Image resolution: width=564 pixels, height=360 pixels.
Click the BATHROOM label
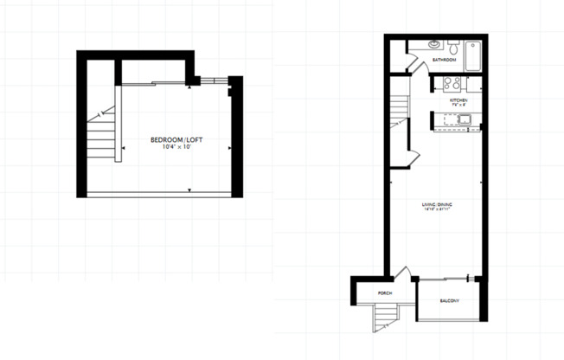point(445,60)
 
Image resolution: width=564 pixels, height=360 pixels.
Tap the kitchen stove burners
point(451,84)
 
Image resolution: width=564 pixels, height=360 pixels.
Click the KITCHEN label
point(458,101)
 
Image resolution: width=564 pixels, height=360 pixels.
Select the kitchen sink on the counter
point(463,120)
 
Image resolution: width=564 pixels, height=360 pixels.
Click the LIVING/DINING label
point(437,204)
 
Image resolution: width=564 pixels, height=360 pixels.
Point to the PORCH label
point(385,294)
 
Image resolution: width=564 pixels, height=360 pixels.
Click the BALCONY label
point(449,301)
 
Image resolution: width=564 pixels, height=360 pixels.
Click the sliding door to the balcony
point(443,279)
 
